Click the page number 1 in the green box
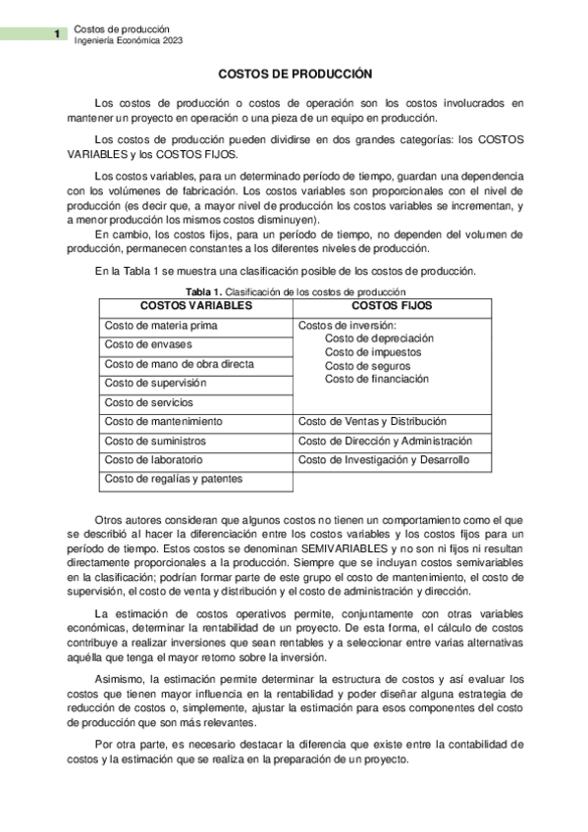(58, 34)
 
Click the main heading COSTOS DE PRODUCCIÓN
(294, 74)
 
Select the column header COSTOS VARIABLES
(196, 306)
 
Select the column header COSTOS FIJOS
(391, 306)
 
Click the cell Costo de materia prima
(161, 326)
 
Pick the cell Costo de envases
(148, 344)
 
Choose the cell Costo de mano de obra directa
(179, 364)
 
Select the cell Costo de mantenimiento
(163, 421)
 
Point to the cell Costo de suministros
(157, 441)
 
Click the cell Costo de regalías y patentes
(173, 479)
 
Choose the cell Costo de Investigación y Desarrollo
(384, 459)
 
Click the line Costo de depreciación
(379, 338)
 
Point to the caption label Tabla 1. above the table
(204, 292)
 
